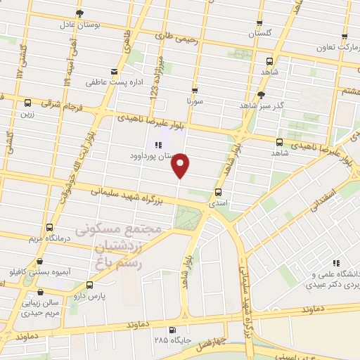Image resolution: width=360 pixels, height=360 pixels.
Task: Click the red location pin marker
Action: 181,165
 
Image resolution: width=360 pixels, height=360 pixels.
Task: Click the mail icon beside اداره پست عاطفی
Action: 114,72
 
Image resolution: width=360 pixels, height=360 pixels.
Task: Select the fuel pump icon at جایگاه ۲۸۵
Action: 173,330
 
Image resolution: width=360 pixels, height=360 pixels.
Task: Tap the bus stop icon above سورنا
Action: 195,90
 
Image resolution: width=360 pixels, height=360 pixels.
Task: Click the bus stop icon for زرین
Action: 27,102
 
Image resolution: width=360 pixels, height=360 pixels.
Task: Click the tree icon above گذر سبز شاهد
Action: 261,94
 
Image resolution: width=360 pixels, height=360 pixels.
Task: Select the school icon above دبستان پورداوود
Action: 157,145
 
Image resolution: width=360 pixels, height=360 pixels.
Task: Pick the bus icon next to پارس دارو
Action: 89,285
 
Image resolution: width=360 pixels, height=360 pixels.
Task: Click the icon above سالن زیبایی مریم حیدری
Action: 42,290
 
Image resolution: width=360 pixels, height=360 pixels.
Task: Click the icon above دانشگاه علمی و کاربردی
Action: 335,262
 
